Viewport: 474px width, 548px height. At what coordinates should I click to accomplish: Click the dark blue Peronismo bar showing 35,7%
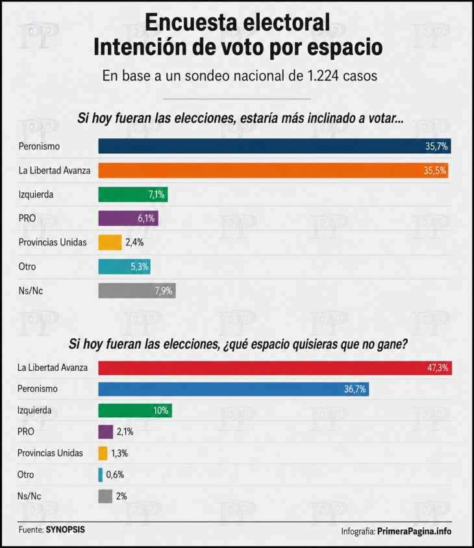tap(275, 146)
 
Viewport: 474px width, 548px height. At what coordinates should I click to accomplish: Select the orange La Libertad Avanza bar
tap(273, 170)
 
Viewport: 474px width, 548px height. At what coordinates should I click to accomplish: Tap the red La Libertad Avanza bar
tap(275, 368)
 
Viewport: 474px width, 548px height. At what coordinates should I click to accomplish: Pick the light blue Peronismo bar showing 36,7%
tap(234, 389)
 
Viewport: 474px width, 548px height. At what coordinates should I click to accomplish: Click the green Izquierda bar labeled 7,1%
tap(133, 194)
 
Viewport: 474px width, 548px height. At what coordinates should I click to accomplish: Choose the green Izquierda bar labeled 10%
tap(135, 410)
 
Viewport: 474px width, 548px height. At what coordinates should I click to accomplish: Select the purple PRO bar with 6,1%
tap(129, 218)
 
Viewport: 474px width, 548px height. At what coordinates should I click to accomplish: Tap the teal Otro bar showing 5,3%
tap(125, 267)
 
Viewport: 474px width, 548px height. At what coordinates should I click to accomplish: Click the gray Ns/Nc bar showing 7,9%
tap(137, 291)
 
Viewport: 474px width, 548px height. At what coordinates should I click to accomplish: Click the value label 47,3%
tap(437, 367)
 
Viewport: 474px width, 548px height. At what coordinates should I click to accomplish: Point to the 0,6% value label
tap(115, 475)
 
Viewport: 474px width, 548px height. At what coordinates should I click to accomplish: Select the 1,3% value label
tap(119, 453)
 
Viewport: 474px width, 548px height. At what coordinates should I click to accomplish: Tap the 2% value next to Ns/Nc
tap(121, 496)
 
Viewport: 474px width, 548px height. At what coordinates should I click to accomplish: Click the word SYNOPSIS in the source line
tap(66, 530)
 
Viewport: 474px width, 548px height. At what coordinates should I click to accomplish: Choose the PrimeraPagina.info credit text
tap(414, 532)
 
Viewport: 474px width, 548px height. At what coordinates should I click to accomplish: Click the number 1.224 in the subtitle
tap(323, 76)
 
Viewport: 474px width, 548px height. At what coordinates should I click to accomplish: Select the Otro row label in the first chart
tap(27, 267)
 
